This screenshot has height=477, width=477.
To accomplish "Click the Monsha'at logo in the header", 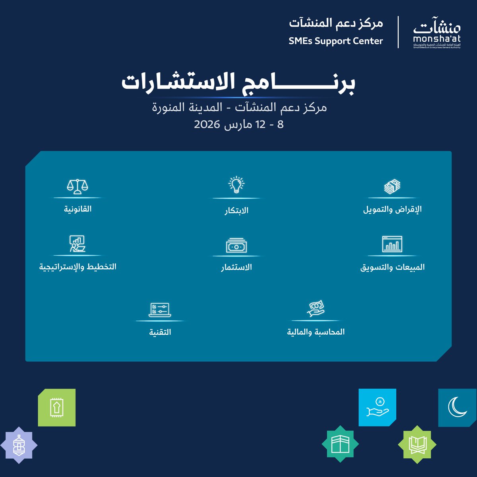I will click(x=436, y=33).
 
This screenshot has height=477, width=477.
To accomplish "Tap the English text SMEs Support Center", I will click(x=336, y=41).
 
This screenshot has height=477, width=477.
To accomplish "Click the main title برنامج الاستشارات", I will click(x=238, y=83).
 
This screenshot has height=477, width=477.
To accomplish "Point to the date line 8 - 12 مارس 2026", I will click(x=239, y=124).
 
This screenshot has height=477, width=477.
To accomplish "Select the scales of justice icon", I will click(x=78, y=186).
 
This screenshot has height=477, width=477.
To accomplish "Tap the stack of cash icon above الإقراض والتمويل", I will click(x=392, y=186).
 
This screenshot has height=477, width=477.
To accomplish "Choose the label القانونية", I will click(x=78, y=209).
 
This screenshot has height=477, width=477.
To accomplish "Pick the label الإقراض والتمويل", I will click(x=392, y=209).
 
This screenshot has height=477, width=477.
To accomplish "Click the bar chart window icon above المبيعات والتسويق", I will click(x=392, y=244).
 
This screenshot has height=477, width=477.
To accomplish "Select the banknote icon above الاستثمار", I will click(x=237, y=246).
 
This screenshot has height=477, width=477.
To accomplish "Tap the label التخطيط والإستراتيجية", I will click(x=78, y=267).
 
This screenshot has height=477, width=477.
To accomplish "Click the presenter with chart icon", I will click(x=78, y=244).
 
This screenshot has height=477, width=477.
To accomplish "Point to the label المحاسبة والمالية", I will click(x=316, y=332).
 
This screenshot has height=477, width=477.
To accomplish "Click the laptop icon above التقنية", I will click(x=160, y=310).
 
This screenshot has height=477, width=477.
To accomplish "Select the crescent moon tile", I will click(x=458, y=407).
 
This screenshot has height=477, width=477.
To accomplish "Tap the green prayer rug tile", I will click(x=56, y=408).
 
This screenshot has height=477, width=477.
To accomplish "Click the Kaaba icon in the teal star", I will click(x=340, y=444).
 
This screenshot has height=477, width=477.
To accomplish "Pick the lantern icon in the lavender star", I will click(x=19, y=445).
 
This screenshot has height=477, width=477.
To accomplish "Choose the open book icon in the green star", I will click(x=417, y=444).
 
